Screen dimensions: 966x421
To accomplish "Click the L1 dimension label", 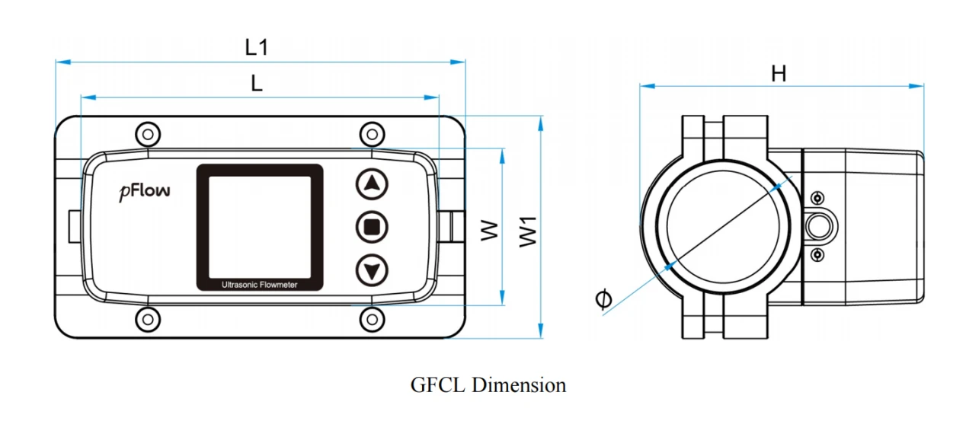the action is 257,47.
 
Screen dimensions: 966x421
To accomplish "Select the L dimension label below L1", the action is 257,83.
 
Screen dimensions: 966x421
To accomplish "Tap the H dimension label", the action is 779,74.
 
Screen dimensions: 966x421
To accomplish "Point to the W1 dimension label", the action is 528,232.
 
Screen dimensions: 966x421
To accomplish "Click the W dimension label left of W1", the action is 489,231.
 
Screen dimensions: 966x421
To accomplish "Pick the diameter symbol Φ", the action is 603,298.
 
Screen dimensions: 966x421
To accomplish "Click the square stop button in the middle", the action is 372,227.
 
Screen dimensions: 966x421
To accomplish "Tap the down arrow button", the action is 372,270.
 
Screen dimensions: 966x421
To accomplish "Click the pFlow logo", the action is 145,192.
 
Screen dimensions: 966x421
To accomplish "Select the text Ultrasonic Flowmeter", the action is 260,285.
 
